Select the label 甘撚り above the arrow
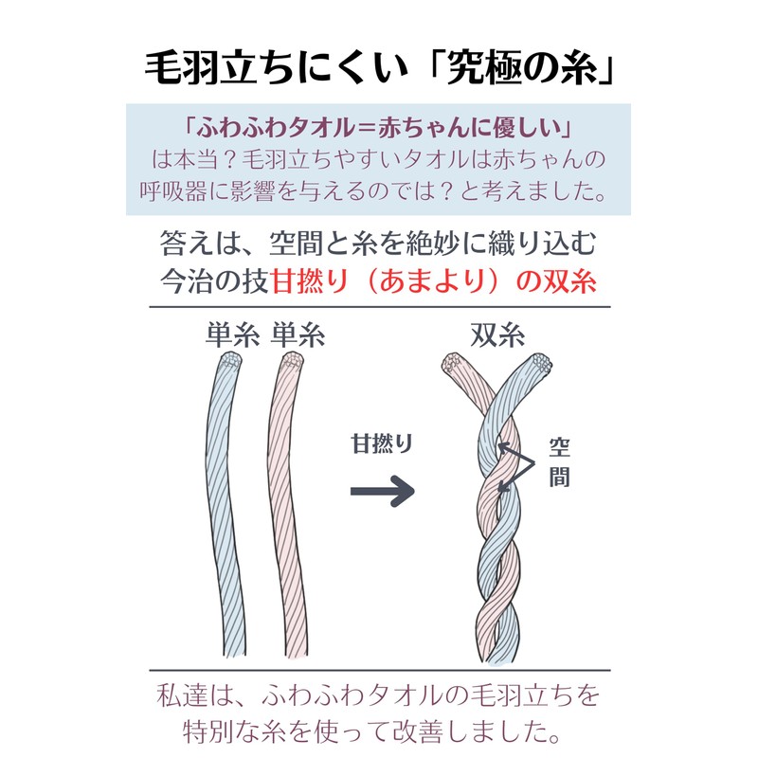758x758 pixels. coord(383,443)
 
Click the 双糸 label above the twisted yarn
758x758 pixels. coord(499,336)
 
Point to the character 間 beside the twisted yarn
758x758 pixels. coord(560,477)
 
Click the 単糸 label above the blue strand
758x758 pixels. coord(233,336)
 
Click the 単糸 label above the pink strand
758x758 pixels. coord(298,336)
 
